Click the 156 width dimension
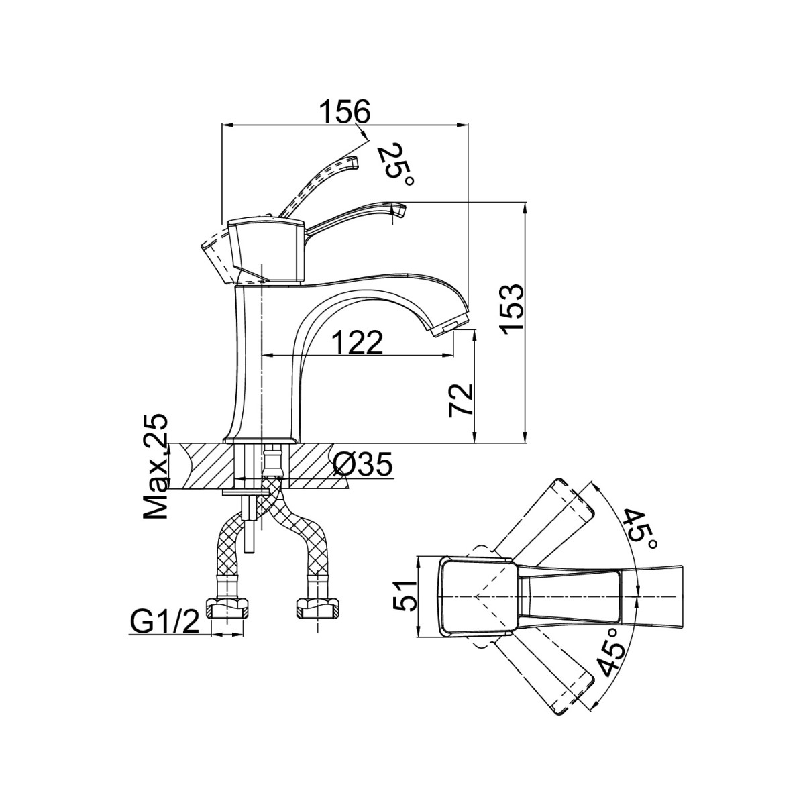point(345,111)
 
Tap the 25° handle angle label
point(396,166)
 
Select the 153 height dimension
point(513,309)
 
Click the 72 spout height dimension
point(461,400)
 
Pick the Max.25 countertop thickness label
point(156,466)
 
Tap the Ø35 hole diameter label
point(363,464)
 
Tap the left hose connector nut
point(227,608)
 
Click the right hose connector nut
point(317,608)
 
